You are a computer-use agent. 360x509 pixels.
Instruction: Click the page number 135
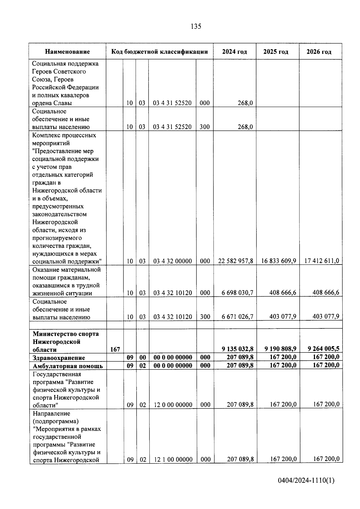[196, 26]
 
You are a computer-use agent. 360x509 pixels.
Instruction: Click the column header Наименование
[67, 52]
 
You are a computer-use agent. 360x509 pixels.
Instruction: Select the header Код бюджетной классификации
[160, 52]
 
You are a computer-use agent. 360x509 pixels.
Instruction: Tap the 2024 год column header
[234, 52]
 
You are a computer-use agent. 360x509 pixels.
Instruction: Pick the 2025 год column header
[276, 52]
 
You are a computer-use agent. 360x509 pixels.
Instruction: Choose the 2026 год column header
[319, 52]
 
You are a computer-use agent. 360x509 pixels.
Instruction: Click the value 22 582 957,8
[235, 261]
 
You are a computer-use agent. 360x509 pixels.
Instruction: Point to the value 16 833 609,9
[278, 261]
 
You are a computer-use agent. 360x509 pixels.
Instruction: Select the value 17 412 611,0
[322, 261]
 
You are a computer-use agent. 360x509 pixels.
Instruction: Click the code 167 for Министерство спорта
[115, 349]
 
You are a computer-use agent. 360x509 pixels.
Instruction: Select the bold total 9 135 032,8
[237, 349]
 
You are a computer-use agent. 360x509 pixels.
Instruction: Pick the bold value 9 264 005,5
[323, 349]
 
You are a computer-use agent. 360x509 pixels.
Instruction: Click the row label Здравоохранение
[59, 358]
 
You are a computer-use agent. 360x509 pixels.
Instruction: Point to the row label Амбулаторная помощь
[68, 366]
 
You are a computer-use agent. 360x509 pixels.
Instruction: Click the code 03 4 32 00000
[172, 261]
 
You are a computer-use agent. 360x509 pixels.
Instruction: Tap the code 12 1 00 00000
[173, 459]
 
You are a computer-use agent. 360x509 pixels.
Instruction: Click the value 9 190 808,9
[280, 349]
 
